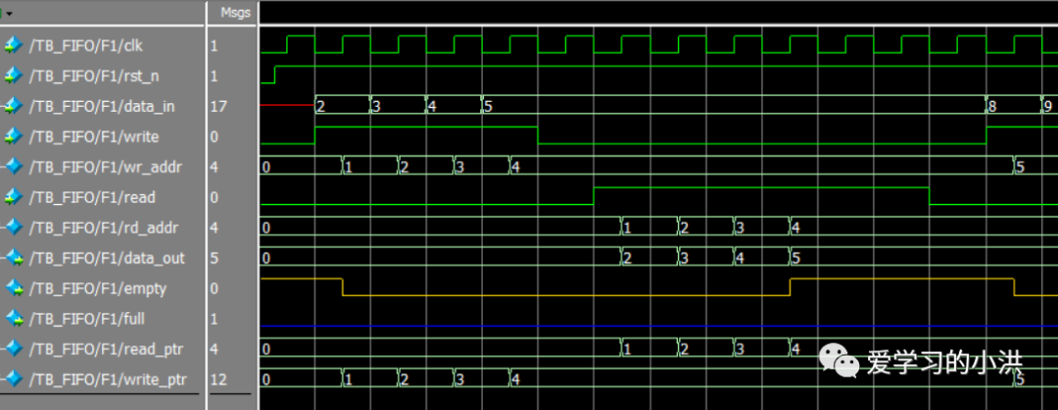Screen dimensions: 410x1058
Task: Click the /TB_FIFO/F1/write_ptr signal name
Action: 108,380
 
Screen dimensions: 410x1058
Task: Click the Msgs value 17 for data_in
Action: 217,106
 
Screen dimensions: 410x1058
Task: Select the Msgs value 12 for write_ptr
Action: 217,380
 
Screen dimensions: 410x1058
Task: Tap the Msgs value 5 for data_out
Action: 215,258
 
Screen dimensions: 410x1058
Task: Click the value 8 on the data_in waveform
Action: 992,106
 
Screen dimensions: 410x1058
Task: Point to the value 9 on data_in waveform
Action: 1047,106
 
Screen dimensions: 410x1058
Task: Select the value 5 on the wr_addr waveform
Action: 1020,167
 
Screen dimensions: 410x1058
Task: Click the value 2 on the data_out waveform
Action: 628,258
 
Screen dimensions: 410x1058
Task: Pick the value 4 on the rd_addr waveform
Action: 795,228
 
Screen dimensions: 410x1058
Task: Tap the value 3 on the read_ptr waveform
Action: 740,349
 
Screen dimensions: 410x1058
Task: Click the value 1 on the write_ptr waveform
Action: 348,380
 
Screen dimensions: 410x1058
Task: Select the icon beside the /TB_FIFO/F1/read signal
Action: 14,197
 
